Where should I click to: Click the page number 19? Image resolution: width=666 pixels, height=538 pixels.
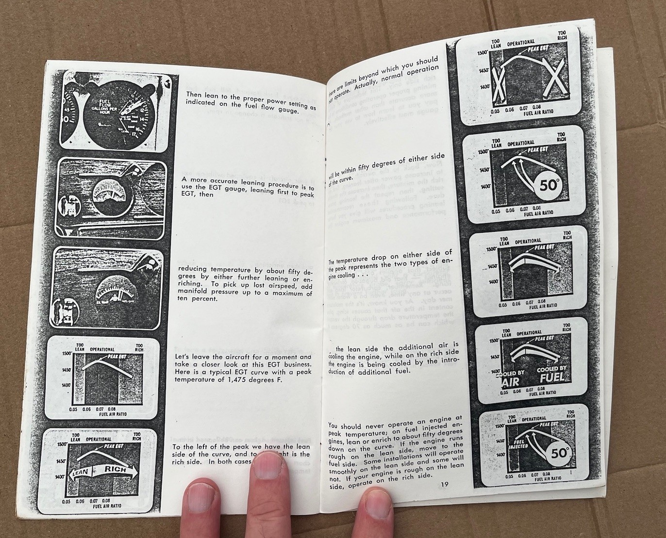pos(446,484)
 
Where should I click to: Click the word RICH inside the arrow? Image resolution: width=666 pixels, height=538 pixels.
pos(116,470)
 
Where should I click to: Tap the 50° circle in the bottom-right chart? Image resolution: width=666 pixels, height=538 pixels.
pos(559,453)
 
